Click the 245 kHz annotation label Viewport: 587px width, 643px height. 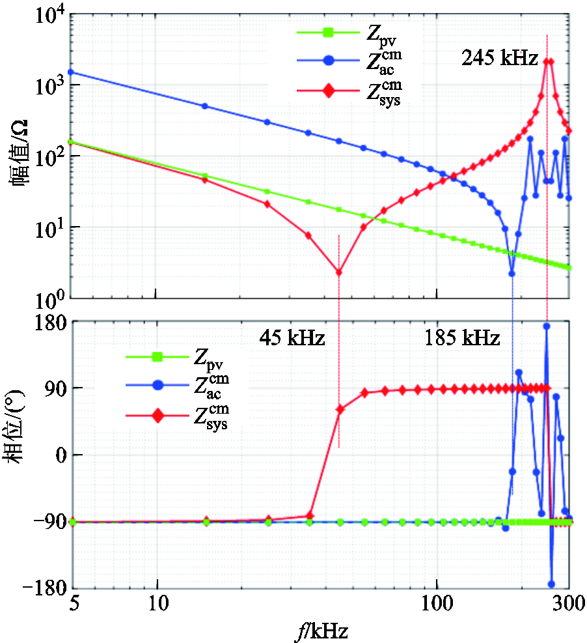point(500,59)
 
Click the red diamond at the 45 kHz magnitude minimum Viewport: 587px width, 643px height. point(338,272)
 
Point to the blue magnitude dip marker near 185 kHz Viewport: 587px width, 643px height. point(512,274)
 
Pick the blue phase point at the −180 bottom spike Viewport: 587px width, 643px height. point(552,584)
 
